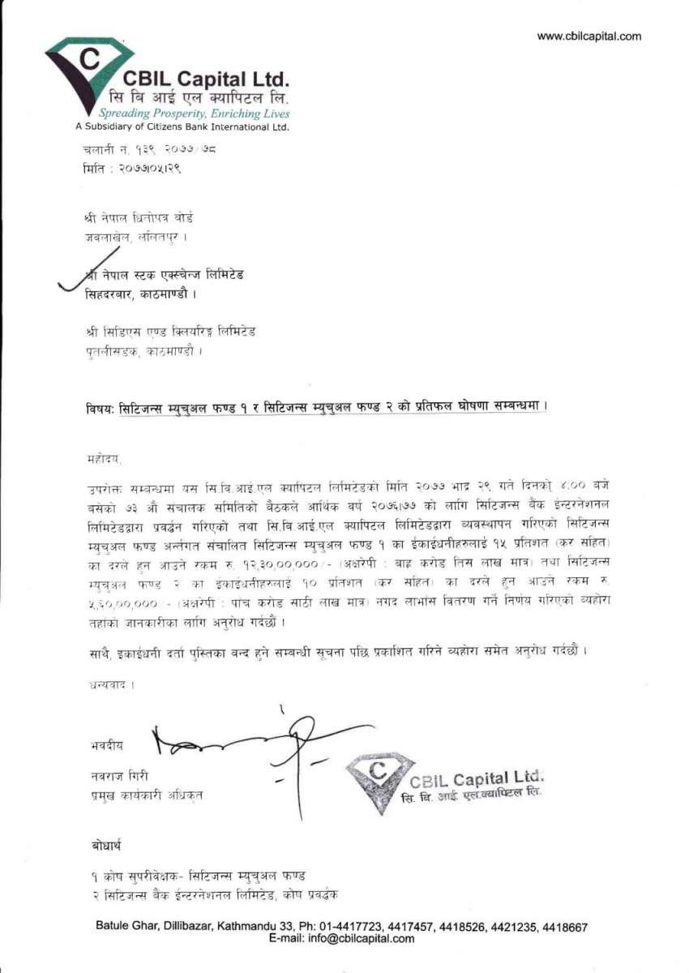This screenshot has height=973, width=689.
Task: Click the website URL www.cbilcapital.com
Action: (x=589, y=36)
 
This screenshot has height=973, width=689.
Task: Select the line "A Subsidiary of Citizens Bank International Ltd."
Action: (x=182, y=127)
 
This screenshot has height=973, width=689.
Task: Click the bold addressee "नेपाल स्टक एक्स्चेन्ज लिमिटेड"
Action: (x=170, y=276)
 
